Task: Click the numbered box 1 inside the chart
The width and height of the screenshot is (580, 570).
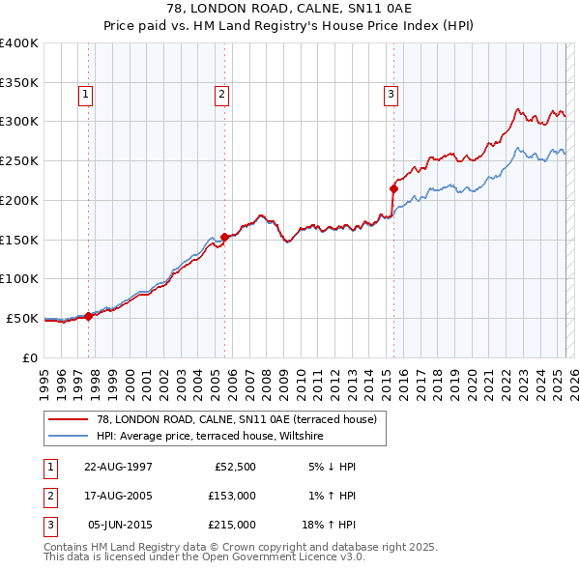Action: [86, 94]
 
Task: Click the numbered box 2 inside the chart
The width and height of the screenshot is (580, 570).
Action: [221, 94]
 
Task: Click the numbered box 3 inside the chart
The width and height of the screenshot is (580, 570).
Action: [391, 94]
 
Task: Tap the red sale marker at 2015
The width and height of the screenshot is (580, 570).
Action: [394, 188]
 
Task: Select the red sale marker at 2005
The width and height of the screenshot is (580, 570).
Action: [224, 237]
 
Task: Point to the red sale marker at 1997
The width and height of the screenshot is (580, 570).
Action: [88, 315]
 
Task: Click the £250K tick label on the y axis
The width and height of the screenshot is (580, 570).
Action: [19, 160]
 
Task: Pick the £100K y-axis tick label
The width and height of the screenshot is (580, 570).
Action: [19, 278]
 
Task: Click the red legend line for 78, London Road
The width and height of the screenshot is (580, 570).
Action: [70, 418]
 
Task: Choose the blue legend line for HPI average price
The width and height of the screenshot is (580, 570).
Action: [70, 436]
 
